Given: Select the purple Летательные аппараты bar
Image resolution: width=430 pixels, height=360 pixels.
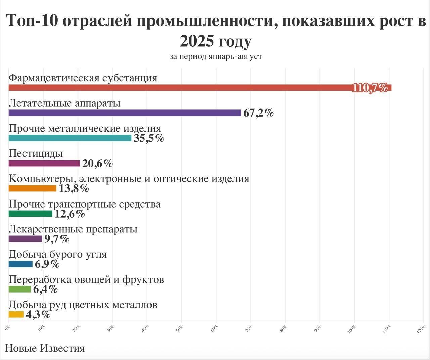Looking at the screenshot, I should pyautogui.click(x=125, y=113).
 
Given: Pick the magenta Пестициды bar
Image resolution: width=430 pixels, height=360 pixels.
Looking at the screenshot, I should pyautogui.click(x=44, y=163).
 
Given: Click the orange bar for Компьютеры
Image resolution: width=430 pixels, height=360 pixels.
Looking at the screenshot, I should pyautogui.click(x=32, y=188).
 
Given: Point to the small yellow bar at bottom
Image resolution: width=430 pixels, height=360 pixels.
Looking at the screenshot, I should pyautogui.click(x=16, y=315).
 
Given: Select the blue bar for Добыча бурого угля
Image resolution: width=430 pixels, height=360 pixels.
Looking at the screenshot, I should pyautogui.click(x=20, y=264).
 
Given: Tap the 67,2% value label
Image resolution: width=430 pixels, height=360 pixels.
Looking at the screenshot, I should pyautogui.click(x=258, y=113).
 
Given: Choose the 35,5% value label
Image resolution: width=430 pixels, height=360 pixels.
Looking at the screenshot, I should pyautogui.click(x=149, y=138).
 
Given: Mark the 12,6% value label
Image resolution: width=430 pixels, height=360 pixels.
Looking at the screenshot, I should pyautogui.click(x=70, y=214).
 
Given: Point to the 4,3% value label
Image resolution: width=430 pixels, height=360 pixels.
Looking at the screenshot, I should pyautogui.click(x=38, y=315).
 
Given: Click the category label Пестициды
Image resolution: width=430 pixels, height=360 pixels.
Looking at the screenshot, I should pyautogui.click(x=36, y=153).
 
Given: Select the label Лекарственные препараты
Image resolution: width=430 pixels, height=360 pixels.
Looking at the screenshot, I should pyautogui.click(x=73, y=229).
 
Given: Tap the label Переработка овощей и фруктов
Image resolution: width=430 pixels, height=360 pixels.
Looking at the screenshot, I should pyautogui.click(x=86, y=279).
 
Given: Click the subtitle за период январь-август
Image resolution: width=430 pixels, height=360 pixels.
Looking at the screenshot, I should pyautogui.click(x=216, y=56).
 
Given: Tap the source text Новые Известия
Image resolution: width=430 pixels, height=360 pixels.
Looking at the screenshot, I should pyautogui.click(x=45, y=348).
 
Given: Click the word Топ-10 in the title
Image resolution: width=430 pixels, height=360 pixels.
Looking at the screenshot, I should pyautogui.click(x=32, y=21).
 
